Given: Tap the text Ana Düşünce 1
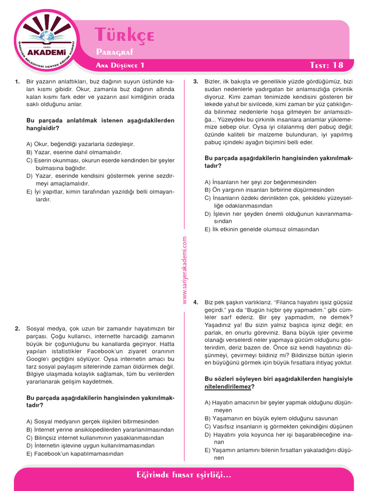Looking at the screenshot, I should click(120, 65).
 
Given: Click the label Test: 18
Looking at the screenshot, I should click(327, 65).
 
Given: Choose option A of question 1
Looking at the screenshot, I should click(80, 144).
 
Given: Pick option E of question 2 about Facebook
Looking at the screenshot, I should click(75, 454).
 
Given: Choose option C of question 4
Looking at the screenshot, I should click(278, 426).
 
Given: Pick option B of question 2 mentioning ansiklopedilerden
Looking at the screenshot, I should click(100, 430).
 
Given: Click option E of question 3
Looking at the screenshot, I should click(261, 229).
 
